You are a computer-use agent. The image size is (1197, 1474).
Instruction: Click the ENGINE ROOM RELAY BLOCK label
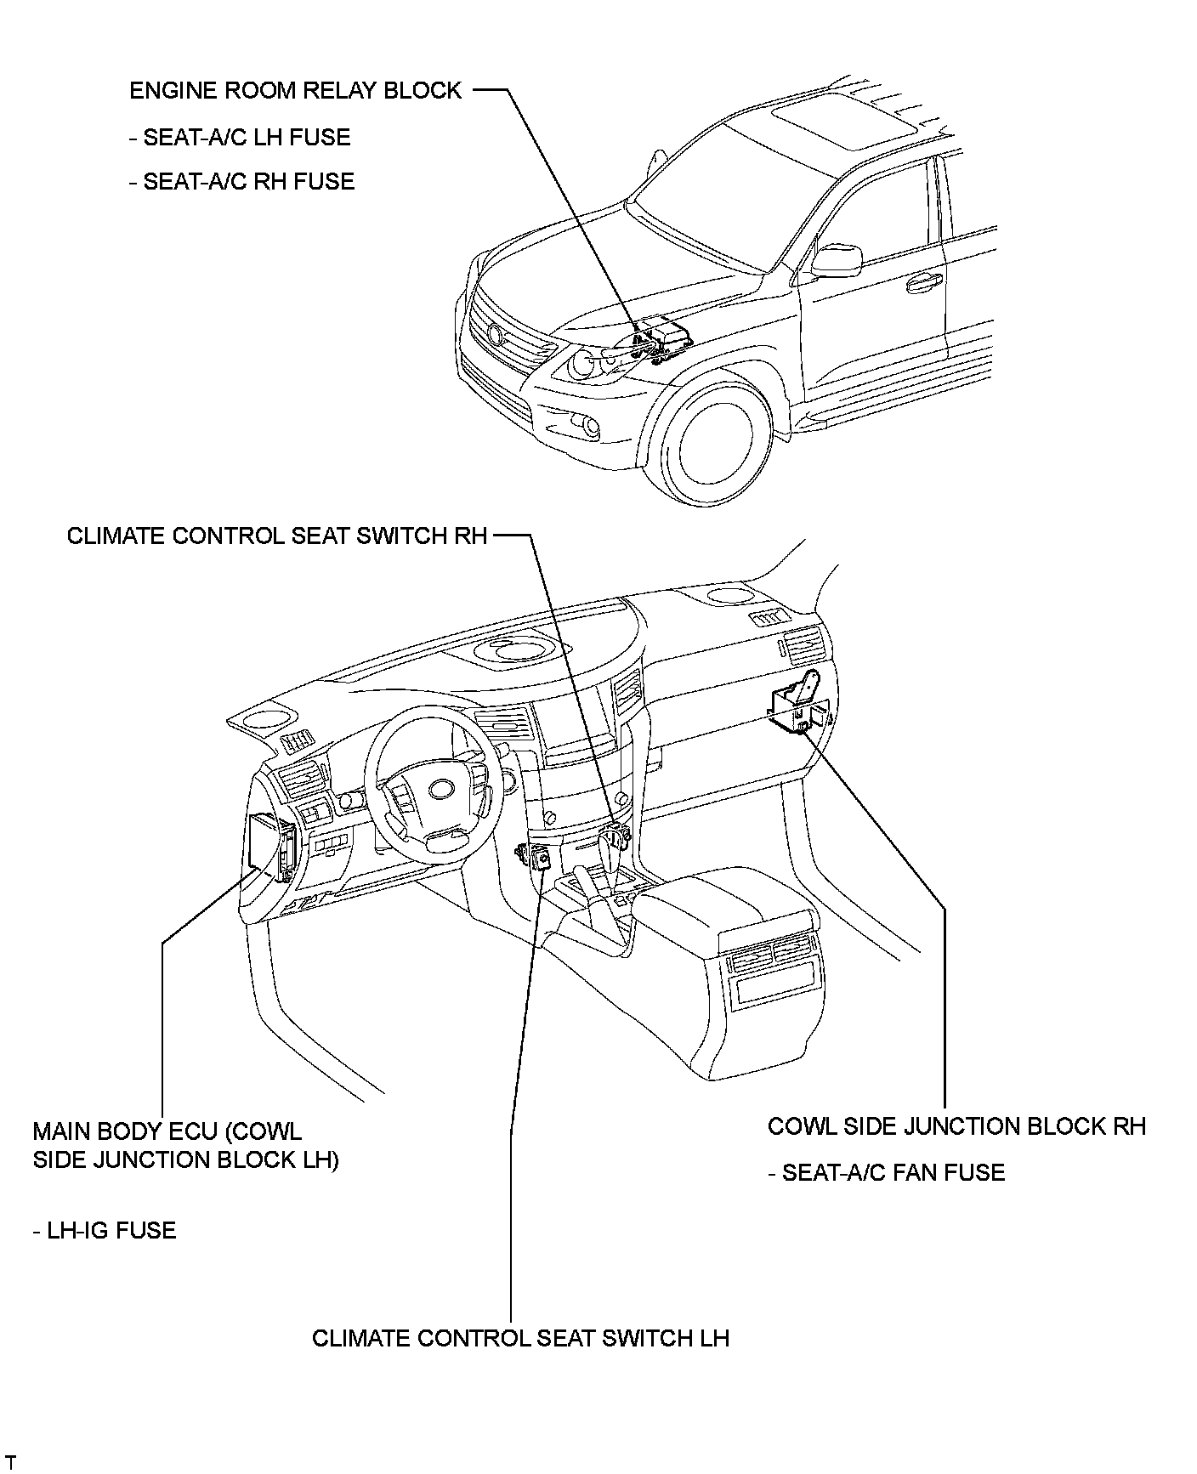(x=295, y=91)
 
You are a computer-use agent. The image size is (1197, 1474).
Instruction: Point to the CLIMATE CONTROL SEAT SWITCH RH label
(x=277, y=536)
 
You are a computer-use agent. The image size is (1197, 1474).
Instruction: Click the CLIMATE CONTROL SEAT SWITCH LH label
(x=520, y=1339)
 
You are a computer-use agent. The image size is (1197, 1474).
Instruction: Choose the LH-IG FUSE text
(x=105, y=1231)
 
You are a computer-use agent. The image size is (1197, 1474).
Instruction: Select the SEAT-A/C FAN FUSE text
(x=886, y=1173)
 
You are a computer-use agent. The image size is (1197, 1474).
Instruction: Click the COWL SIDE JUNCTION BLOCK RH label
(x=956, y=1127)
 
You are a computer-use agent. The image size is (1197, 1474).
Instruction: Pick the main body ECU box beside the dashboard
(x=269, y=847)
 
